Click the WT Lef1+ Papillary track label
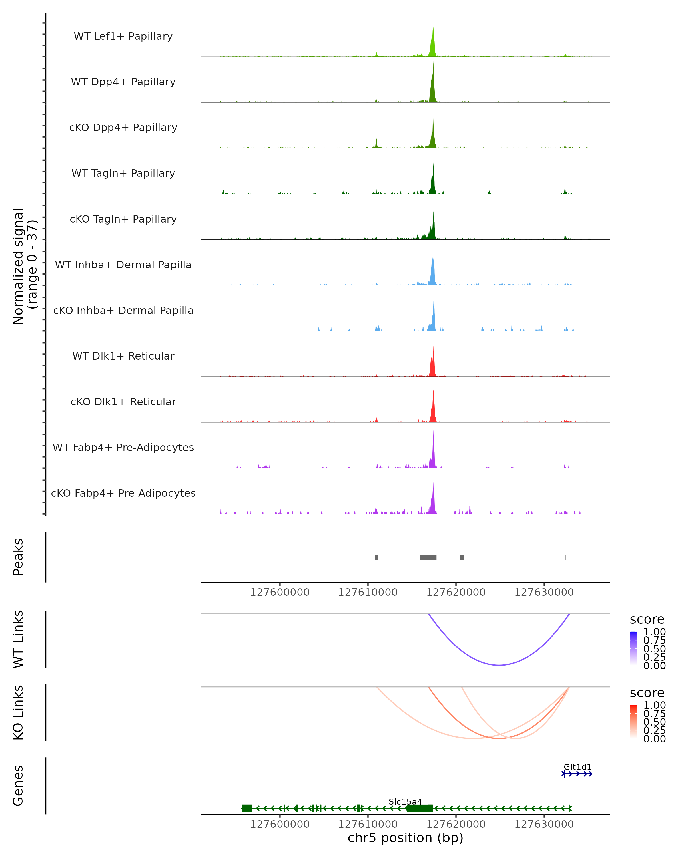(123, 36)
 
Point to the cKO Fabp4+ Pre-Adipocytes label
(123, 493)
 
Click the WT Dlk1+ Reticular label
(123, 356)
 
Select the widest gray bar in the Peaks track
(428, 557)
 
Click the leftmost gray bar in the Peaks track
(377, 557)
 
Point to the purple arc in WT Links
(499, 665)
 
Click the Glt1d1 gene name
(577, 767)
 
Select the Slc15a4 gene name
(405, 801)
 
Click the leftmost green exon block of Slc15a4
(247, 808)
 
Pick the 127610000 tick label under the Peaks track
(368, 592)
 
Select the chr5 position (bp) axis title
(405, 838)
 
